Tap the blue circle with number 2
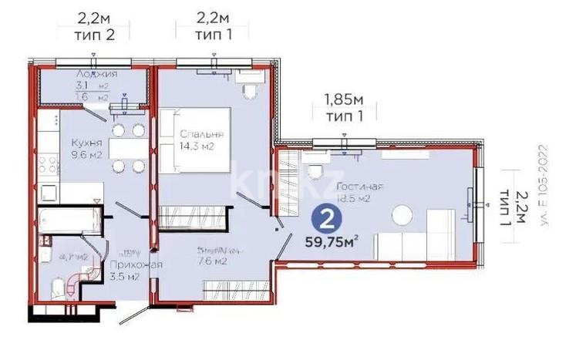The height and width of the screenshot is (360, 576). [327, 220]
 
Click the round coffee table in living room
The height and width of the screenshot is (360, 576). [403, 214]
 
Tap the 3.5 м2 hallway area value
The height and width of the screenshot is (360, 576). [124, 278]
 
